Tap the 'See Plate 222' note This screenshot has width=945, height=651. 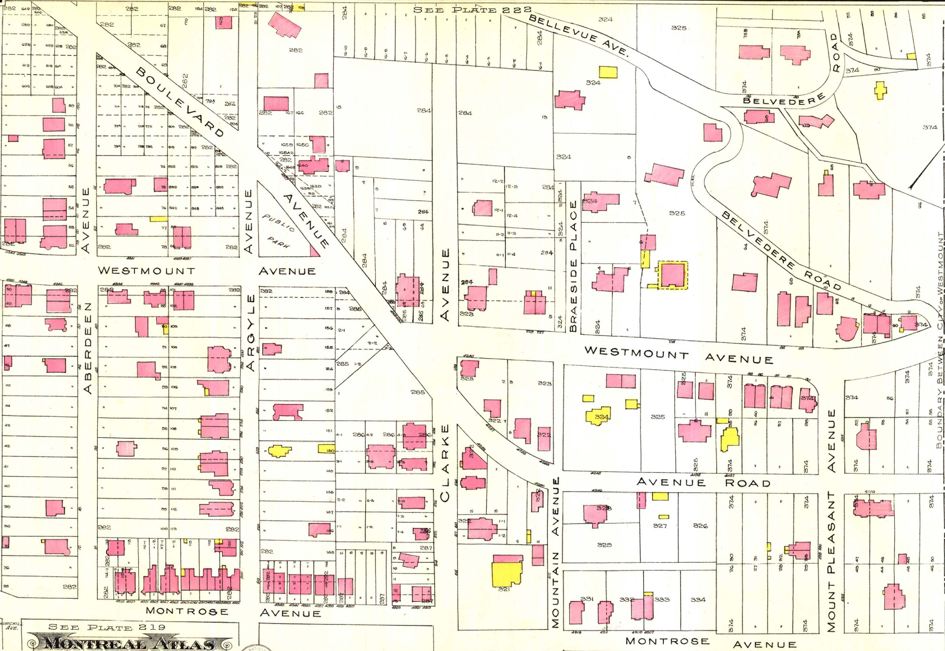tap(472, 10)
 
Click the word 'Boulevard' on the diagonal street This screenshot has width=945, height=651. tap(180, 102)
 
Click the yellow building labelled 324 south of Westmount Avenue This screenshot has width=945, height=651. tap(599, 416)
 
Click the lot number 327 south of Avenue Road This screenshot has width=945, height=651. tap(660, 526)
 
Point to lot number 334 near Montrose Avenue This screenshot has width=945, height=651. tap(698, 600)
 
